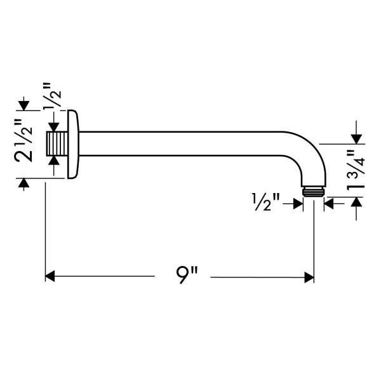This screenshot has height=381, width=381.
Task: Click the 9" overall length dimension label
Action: pos(187,277)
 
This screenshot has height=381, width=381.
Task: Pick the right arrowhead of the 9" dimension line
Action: pos(310,277)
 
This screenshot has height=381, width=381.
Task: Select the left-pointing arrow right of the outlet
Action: pos(330,203)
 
